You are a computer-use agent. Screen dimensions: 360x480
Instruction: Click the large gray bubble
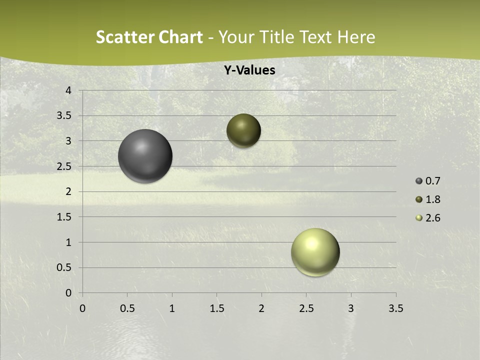click(x=145, y=156)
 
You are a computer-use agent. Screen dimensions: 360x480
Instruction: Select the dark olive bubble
click(x=243, y=130)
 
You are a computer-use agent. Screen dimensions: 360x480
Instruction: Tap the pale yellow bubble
click(x=315, y=252)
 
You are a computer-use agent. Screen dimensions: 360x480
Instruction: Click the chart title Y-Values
click(x=249, y=70)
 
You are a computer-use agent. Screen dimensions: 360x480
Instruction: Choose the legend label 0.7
click(x=432, y=181)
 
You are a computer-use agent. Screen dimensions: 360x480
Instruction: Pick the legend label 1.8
click(x=432, y=199)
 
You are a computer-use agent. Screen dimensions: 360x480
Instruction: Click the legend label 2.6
click(x=432, y=218)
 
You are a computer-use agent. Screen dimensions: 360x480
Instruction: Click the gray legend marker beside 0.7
click(x=419, y=181)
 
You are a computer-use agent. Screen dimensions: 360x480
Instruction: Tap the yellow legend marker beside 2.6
click(x=419, y=218)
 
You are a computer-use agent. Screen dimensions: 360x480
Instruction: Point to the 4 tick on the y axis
click(x=69, y=90)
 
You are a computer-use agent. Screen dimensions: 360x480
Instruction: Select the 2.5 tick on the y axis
click(x=64, y=166)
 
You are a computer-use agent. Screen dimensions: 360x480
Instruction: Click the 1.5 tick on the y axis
click(x=64, y=217)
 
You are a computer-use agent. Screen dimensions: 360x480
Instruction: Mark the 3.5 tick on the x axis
click(x=395, y=308)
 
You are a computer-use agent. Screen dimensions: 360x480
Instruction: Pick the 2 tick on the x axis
click(x=261, y=308)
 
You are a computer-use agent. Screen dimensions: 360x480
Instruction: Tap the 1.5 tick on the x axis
click(x=216, y=308)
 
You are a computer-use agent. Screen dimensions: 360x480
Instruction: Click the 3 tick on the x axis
click(x=351, y=308)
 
